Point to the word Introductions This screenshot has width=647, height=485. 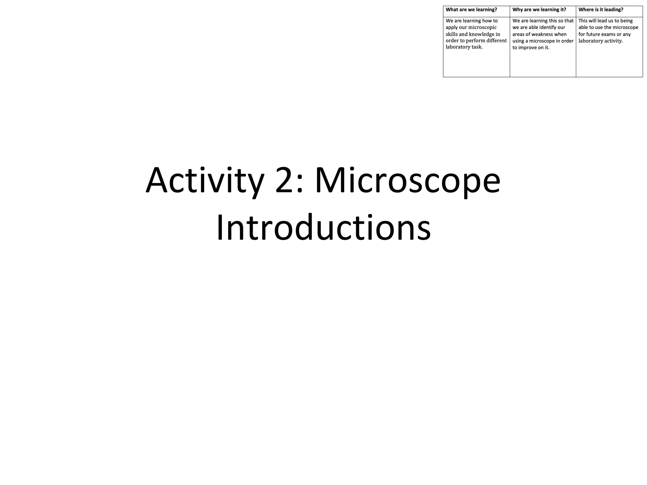tap(323, 227)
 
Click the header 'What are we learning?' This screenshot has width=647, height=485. tap(471, 10)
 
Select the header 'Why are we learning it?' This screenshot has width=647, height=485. tap(539, 10)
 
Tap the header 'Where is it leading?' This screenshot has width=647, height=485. tap(601, 10)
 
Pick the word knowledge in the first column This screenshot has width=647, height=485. tap(484, 34)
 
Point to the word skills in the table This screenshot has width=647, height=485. tap(451, 34)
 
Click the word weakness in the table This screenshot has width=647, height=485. tap(546, 34)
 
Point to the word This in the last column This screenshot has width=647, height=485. tap(583, 21)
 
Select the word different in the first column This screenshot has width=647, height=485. tap(496, 41)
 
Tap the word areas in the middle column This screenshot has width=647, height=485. tap(518, 34)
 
